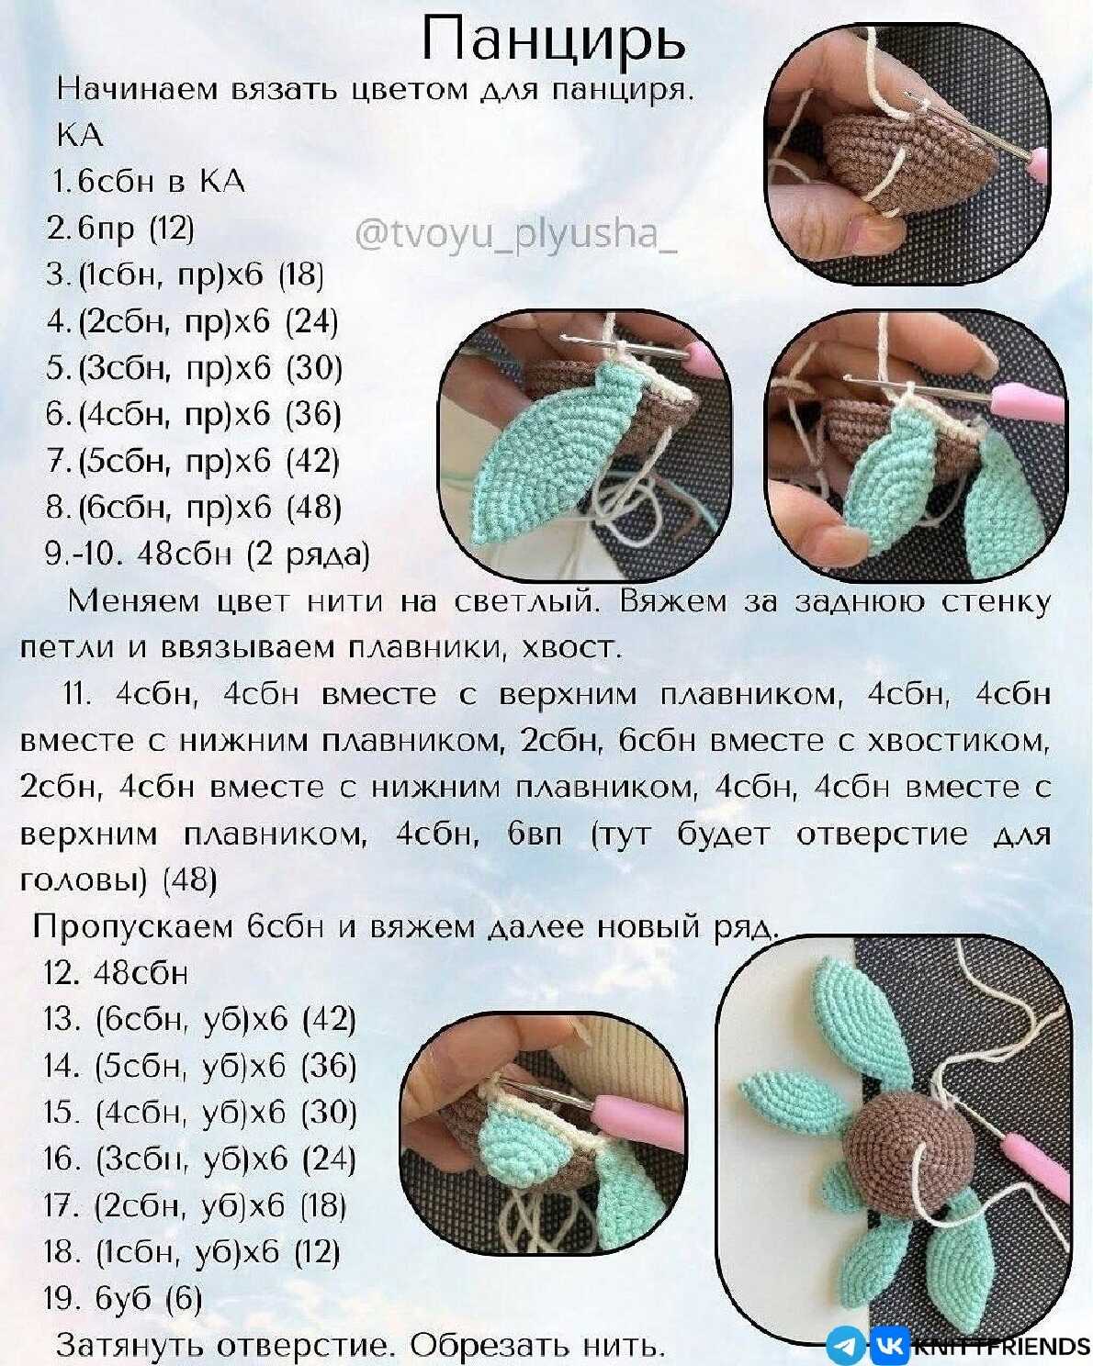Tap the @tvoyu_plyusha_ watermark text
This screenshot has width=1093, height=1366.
pyautogui.click(x=515, y=235)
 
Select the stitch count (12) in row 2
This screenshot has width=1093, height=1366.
pyautogui.click(x=172, y=228)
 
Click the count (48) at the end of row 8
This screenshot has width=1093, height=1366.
pyautogui.click(x=314, y=507)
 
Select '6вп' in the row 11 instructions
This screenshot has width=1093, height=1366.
pyautogui.click(x=535, y=834)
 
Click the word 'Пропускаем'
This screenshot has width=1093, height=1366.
pyautogui.click(x=133, y=927)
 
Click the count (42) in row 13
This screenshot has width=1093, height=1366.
pyautogui.click(x=328, y=1019)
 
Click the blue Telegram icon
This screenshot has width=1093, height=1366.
pyautogui.click(x=846, y=1344)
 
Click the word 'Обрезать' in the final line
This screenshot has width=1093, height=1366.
pyautogui.click(x=489, y=1344)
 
